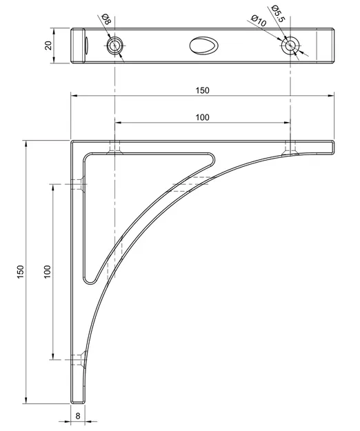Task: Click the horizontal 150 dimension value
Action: click(202, 90)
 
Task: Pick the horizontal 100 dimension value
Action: click(202, 117)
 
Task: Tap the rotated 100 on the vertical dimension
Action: click(47, 272)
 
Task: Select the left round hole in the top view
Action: click(114, 46)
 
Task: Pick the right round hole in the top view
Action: click(290, 46)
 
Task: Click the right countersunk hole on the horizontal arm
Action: click(290, 147)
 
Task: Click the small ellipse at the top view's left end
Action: click(86, 45)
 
